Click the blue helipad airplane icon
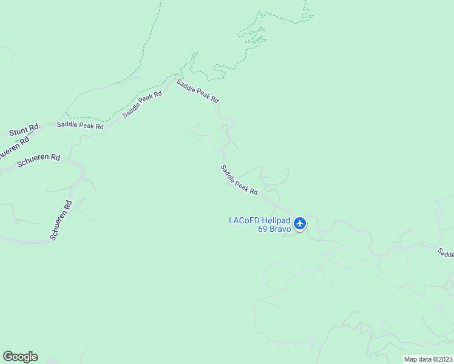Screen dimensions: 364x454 (x=300, y=224)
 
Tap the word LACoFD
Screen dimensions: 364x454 (x=244, y=220)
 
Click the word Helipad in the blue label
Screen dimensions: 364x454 (x=277, y=220)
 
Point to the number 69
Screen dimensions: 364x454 (x=263, y=229)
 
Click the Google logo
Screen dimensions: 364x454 (x=20, y=357)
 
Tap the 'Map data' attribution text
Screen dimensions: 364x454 (x=418, y=359)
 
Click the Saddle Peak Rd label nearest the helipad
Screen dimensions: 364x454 (x=239, y=180)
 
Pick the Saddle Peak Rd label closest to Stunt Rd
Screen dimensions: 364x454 (x=80, y=126)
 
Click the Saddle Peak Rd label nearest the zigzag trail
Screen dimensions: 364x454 (x=198, y=91)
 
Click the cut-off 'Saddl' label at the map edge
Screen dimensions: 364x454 (x=446, y=253)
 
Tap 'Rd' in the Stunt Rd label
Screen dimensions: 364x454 (x=35, y=126)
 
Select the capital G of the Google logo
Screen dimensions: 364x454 (x=8, y=357)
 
